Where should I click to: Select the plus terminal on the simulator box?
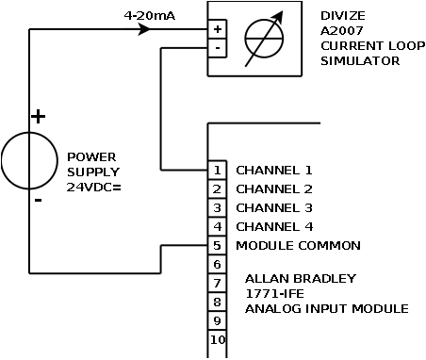click(x=218, y=30)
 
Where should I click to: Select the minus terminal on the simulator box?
click(x=218, y=46)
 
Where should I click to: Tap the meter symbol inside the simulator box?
click(x=265, y=39)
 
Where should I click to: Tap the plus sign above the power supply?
click(x=38, y=117)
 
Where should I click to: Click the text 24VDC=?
click(x=93, y=187)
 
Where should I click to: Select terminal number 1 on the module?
click(x=217, y=171)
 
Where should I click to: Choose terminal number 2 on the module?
click(x=217, y=189)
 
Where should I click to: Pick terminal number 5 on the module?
click(x=217, y=246)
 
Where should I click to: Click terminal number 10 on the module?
click(x=217, y=340)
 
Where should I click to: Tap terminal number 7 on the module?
click(x=217, y=284)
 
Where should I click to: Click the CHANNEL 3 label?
click(x=273, y=208)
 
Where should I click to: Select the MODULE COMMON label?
click(x=298, y=246)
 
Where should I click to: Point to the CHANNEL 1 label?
click(x=273, y=171)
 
